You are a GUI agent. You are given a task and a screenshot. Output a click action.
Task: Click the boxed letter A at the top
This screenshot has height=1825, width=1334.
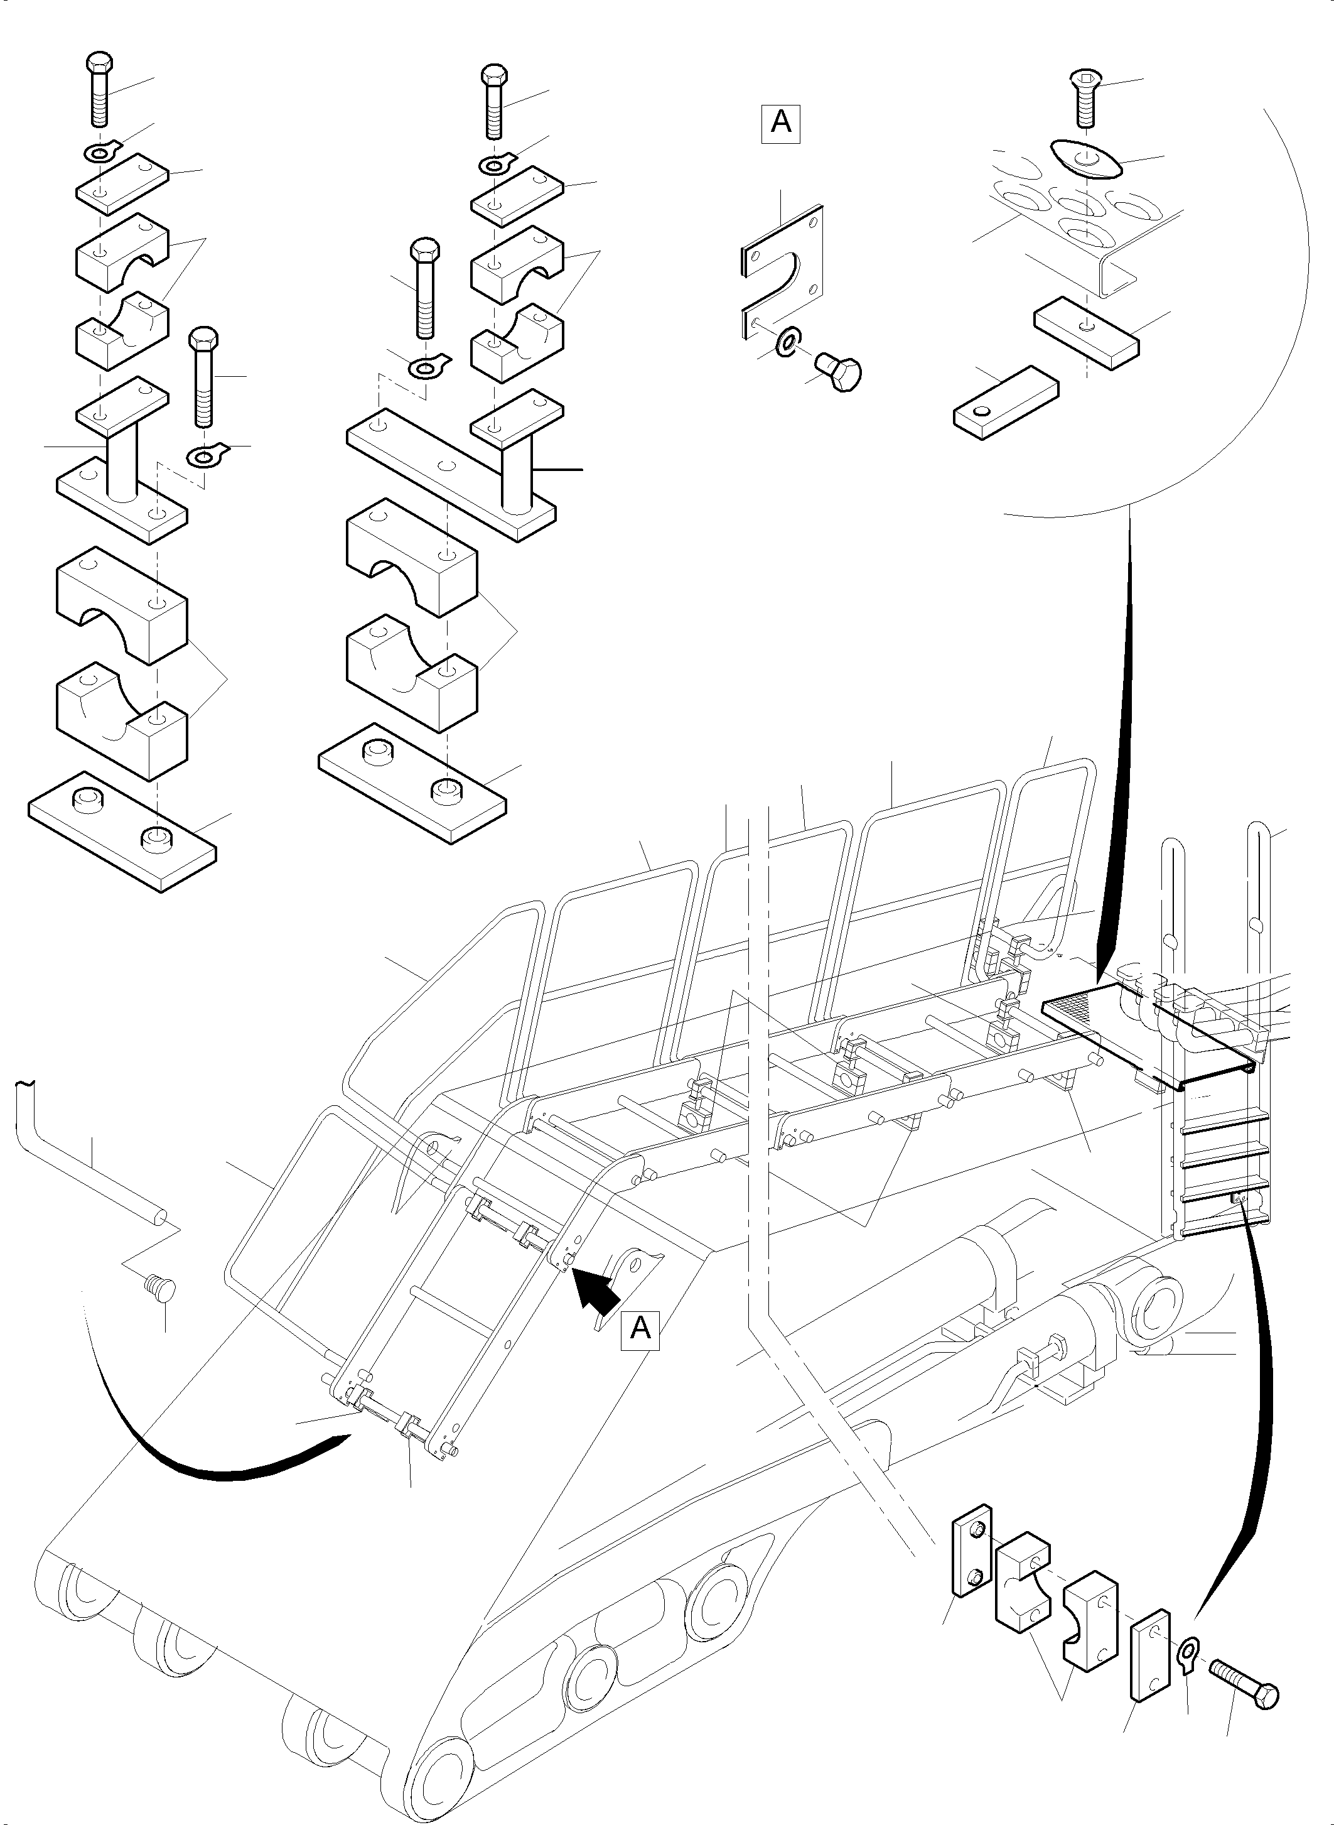tap(781, 124)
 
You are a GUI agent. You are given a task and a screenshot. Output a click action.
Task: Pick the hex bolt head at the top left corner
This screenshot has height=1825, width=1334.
tap(98, 63)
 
